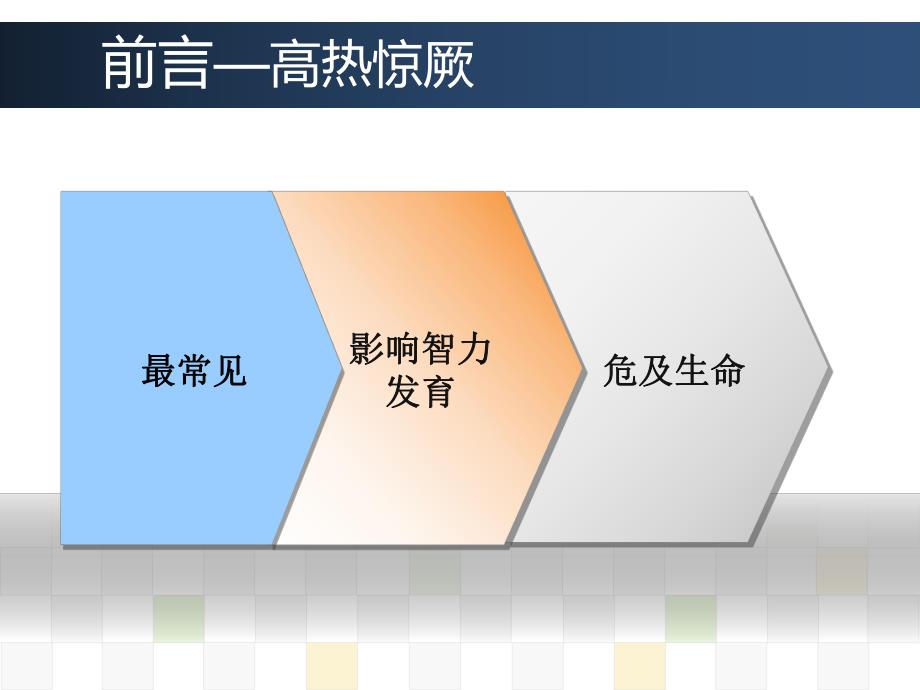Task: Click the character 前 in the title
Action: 128,66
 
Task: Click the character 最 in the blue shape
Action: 159,371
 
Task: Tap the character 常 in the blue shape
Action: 194,371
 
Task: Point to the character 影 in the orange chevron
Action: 366,349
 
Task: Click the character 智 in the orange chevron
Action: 438,349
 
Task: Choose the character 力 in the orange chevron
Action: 474,349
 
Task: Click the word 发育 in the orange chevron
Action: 420,392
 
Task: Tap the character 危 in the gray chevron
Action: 620,371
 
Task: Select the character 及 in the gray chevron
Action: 656,371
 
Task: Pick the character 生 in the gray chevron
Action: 692,371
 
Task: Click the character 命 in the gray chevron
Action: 728,371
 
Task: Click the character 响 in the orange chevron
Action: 402,349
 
